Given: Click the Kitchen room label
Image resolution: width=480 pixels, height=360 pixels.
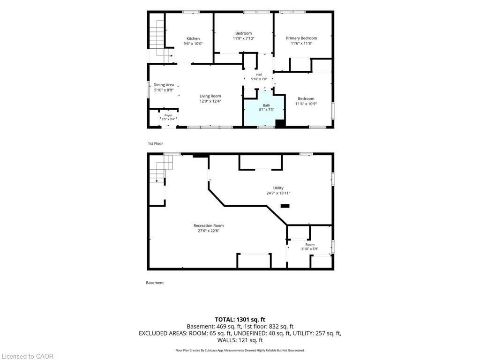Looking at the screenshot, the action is (x=193, y=38).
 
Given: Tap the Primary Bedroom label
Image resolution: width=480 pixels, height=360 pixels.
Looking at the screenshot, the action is (x=301, y=38).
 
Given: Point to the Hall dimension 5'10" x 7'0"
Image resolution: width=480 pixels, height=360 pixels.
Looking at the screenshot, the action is (x=259, y=79).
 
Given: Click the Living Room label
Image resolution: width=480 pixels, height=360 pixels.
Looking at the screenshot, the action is (x=210, y=96).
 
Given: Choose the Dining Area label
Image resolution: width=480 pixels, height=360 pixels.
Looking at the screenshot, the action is (x=164, y=85).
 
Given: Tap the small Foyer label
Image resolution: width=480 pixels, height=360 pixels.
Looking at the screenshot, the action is (x=168, y=115).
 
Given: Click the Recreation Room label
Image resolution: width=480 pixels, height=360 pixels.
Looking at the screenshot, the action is (x=209, y=225).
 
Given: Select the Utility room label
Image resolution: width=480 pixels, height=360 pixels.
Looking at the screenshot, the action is (x=278, y=188).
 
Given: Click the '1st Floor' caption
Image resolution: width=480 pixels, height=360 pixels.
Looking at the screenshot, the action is (x=156, y=143).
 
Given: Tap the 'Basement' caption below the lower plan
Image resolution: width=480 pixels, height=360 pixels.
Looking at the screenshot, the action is (x=155, y=283).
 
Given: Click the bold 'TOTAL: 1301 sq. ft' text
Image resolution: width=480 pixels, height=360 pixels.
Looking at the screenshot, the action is (x=240, y=320).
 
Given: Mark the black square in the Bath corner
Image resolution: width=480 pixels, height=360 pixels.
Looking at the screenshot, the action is (x=280, y=123).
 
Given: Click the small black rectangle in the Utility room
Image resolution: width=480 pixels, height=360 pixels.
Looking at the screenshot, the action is (x=285, y=206).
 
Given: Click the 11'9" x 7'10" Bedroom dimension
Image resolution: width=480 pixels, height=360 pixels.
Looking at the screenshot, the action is (x=244, y=38).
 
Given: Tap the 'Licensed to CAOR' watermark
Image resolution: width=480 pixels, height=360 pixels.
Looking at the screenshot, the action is (x=28, y=356).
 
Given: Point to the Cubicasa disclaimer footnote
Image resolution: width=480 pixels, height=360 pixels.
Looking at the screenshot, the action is (x=240, y=350).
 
